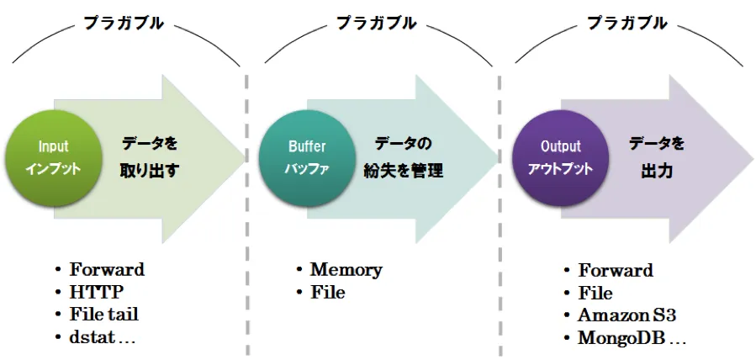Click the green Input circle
52,157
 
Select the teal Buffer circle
307,157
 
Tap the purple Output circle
560,157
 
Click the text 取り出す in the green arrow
150,170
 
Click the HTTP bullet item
97,292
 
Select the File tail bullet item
104,315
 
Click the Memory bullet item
346,270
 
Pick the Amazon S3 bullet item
626,315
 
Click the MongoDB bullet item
632,338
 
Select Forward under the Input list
107,270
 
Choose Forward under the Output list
616,270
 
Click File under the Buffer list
327,293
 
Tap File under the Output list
595,293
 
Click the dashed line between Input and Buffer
246,210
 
